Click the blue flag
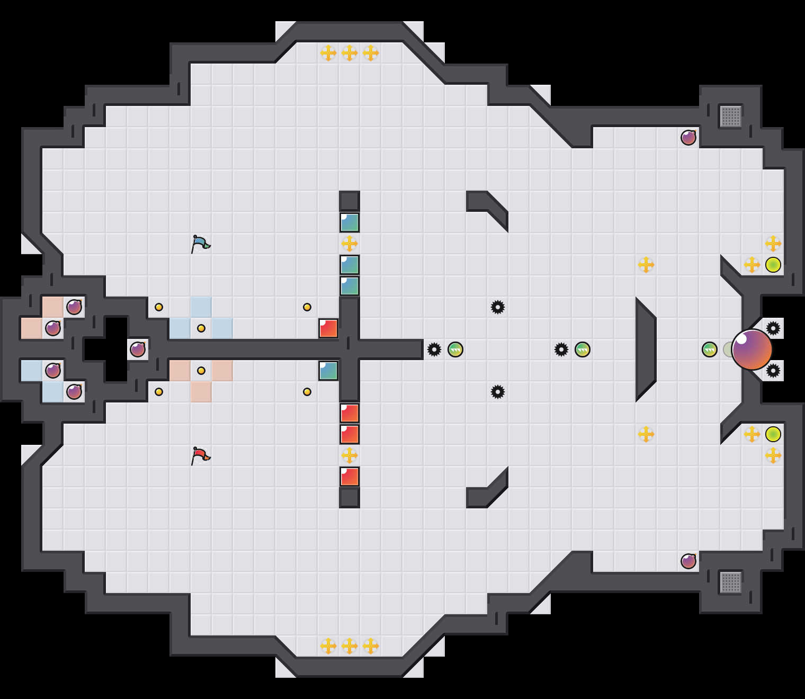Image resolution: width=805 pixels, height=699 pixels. click(200, 244)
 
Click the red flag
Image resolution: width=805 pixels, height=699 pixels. click(200, 456)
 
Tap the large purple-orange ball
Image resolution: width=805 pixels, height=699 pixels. click(752, 349)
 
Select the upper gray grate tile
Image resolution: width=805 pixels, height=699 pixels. click(731, 116)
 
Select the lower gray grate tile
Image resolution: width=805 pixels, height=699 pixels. click(731, 582)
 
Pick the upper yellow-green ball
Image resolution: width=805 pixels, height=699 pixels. click(773, 265)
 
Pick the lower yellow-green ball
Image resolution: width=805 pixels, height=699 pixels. click(773, 434)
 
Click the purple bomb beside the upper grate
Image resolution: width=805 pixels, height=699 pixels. click(688, 138)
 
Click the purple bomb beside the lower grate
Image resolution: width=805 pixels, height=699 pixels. click(688, 561)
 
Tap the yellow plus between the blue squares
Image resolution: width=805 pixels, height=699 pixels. click(350, 244)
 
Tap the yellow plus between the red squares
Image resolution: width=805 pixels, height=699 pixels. click(350, 455)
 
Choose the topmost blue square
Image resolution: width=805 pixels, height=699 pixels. click(350, 222)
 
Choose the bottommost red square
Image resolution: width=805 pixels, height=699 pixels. click(350, 477)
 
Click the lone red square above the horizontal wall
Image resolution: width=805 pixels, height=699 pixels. click(328, 328)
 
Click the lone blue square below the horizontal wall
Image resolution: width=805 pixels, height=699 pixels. click(328, 371)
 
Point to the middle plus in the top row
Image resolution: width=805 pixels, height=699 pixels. click(350, 53)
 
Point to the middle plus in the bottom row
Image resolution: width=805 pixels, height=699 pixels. click(350, 646)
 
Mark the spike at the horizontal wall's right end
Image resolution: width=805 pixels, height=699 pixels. click(434, 349)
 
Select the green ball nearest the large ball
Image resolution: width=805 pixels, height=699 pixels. click(710, 349)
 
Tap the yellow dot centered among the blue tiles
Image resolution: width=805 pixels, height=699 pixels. click(201, 328)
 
